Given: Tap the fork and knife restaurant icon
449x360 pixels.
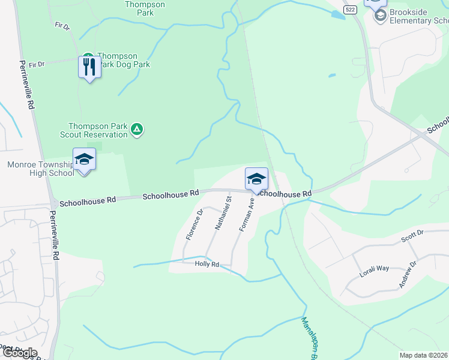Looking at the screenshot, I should [89, 67].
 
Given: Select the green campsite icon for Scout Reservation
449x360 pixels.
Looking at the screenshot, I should [137, 129].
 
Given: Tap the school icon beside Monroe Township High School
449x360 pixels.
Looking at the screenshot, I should [84, 160].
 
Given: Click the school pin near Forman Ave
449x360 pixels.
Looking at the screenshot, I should [256, 179].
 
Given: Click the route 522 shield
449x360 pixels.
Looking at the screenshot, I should [351, 10].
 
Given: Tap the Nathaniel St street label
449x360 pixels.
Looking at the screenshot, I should [223, 213].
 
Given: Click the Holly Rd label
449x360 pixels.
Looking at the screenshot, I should [207, 264].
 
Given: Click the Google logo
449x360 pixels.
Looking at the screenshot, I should [19, 353].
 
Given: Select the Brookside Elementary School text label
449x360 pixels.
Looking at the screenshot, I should [418, 16].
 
